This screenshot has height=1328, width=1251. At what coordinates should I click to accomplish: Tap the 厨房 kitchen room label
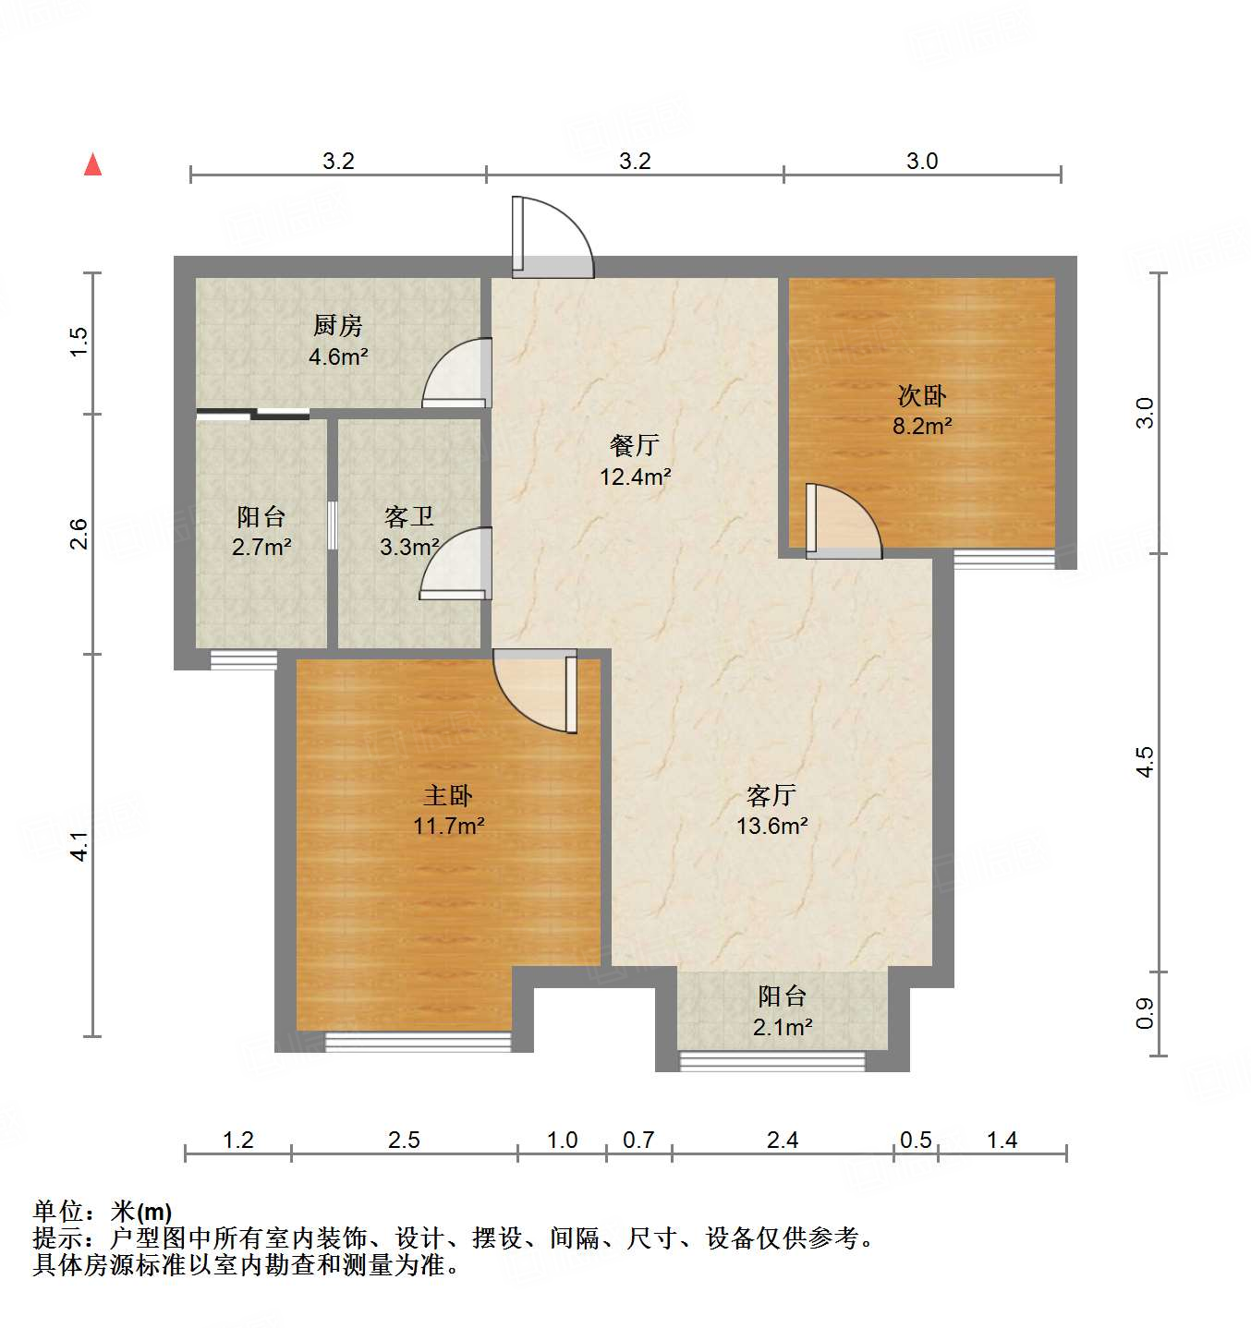(337, 325)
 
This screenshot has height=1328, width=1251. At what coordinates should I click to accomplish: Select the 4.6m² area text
(338, 356)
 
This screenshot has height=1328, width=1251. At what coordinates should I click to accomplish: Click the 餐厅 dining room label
(635, 445)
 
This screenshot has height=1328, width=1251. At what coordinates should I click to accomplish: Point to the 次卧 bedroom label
(921, 395)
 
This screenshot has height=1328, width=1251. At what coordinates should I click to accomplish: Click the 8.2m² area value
(922, 426)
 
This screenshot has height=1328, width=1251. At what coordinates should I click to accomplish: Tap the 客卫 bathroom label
(408, 516)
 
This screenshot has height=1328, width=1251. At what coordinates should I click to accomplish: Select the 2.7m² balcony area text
(261, 548)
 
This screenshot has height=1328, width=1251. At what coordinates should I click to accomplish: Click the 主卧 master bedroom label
(448, 795)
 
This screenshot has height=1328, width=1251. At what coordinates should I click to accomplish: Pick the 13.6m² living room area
(771, 826)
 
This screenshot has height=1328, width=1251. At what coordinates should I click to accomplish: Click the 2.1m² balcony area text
(783, 1027)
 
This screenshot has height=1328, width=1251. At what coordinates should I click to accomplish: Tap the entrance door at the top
(552, 238)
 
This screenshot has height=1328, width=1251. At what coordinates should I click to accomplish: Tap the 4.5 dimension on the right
(1145, 762)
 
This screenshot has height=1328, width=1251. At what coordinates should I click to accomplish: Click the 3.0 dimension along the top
(921, 162)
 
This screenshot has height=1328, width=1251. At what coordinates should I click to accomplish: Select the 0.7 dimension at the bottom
(638, 1141)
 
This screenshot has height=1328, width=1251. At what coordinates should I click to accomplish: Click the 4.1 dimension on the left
(80, 846)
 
